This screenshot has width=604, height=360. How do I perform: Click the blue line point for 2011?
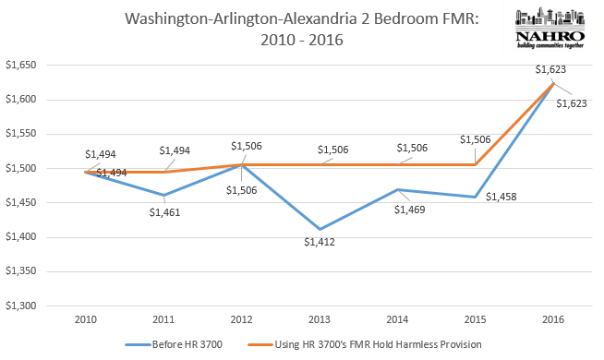(x=164, y=195)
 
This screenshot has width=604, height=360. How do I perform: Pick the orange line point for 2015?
(x=476, y=164)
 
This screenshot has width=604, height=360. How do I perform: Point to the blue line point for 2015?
(x=476, y=197)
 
